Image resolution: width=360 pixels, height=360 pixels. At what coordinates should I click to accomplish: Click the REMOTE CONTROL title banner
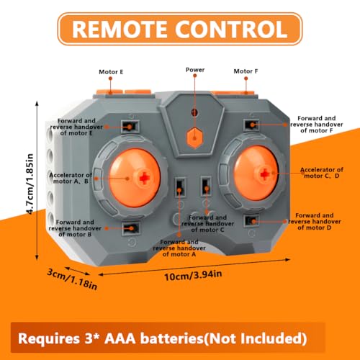pos(180,29)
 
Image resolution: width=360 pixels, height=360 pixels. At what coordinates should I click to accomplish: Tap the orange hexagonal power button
pos(194,138)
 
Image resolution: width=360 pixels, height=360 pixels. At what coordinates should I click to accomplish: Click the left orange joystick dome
pos(135,178)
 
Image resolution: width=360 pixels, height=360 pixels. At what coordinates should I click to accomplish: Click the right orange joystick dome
pos(256,173)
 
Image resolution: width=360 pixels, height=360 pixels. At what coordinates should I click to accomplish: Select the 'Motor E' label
pos(111,72)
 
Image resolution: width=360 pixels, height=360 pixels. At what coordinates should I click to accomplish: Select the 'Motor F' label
pos(246,71)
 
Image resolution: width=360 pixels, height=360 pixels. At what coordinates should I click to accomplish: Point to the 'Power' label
pos(195,70)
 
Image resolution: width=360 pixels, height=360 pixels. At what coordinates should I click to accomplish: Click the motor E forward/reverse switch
pos(130,127)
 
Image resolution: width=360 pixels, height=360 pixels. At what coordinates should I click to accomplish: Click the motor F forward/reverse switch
pos(251,125)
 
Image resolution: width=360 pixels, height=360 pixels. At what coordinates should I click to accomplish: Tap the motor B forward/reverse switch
pos(131,228)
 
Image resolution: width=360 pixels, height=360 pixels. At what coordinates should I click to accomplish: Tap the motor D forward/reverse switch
pos(251,221)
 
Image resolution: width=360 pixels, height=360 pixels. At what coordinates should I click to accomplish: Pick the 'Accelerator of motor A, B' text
pos(71,179)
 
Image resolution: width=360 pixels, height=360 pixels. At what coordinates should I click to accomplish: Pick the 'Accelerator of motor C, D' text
pos(322,173)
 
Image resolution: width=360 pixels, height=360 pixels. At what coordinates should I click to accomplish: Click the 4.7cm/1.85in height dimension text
pos(30,184)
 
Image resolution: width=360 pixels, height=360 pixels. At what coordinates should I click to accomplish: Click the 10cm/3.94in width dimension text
pos(193,275)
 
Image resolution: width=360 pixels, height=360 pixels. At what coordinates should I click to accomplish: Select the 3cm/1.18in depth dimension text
pos(72,279)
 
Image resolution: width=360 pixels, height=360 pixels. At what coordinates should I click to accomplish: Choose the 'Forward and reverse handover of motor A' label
pos(179,248)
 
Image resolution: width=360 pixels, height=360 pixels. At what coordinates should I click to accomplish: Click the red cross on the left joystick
pos(144,178)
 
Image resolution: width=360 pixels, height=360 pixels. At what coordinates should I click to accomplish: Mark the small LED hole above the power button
pos(194,112)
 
